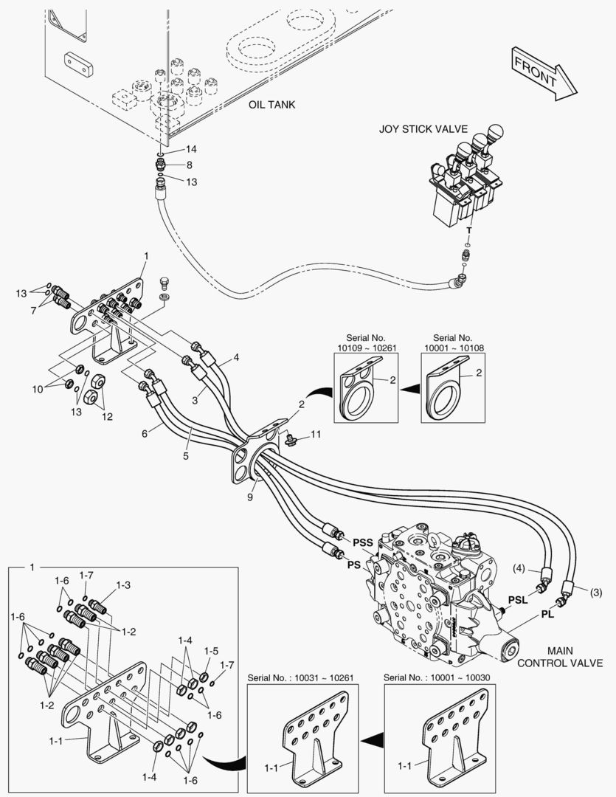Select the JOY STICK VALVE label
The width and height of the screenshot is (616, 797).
coord(423,128)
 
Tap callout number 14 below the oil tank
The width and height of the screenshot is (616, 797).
coord(190,149)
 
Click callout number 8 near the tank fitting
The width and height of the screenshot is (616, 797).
coord(190,165)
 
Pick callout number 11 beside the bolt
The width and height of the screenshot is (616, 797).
coord(315,434)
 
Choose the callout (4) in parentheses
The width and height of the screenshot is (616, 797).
coord(520,568)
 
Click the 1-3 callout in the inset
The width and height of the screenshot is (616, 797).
coord(123,584)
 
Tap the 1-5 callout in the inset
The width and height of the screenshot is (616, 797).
coord(211,652)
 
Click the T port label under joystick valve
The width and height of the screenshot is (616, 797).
coord(468,230)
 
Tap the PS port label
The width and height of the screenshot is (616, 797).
coord(353,565)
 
